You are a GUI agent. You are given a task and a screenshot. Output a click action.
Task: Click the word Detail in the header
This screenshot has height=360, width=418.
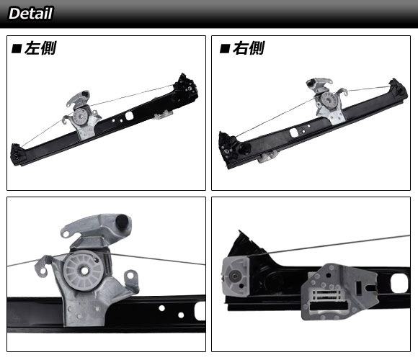click(31, 13)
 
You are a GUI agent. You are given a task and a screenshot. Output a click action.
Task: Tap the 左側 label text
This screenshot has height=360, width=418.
click(40, 48)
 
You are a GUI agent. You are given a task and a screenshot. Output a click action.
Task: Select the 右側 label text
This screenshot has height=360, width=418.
click(249, 48)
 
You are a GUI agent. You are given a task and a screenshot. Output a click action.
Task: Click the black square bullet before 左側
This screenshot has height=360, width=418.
click(17, 49)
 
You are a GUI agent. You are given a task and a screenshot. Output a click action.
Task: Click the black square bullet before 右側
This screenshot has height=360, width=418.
click(224, 49)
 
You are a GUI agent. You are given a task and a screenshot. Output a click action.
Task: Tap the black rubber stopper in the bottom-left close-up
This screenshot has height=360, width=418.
click(123, 221)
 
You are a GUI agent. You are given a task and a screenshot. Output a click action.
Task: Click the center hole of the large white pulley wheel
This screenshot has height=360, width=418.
click(85, 271)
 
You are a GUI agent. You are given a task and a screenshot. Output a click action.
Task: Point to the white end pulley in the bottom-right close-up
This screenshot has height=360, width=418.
click(235, 276)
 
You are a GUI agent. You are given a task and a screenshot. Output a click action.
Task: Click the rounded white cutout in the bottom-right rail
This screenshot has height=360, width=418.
click(399, 283)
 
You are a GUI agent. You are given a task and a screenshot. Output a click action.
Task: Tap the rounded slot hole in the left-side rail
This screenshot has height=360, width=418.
click(129, 116)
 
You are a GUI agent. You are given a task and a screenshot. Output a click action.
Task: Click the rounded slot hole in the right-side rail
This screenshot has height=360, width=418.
click(294, 132)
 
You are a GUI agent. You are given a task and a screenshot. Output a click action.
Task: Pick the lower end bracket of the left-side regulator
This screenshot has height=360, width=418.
click(18, 155)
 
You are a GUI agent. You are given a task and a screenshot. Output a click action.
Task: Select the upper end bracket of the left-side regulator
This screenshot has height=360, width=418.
click(186, 87)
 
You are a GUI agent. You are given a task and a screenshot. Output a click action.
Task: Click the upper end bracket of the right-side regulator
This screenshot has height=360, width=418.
click(399, 90)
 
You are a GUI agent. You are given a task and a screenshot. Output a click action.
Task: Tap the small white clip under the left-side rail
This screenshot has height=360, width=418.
click(163, 114)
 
